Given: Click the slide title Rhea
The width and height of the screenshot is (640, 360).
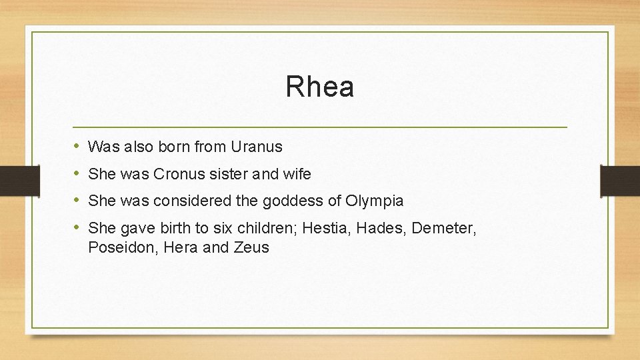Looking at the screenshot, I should point(319,87).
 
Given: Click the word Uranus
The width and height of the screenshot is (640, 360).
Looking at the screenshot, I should point(257,147).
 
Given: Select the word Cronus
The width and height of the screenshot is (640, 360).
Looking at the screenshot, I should point(179,174).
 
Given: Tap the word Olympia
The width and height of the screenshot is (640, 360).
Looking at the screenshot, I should point(375,201).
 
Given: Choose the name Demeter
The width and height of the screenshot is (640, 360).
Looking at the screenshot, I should point(443,228).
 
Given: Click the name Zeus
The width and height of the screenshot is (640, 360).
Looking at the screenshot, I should point(252,247).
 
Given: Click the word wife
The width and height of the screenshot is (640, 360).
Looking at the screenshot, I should point(297,174).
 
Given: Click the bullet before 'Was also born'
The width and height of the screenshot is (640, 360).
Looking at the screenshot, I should point(77,146).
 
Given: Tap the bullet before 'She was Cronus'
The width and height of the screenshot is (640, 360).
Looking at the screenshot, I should point(77,173).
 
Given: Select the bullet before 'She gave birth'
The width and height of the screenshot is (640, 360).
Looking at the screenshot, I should point(77,227).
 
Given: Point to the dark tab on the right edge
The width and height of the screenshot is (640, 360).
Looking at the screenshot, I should point(619,180).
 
